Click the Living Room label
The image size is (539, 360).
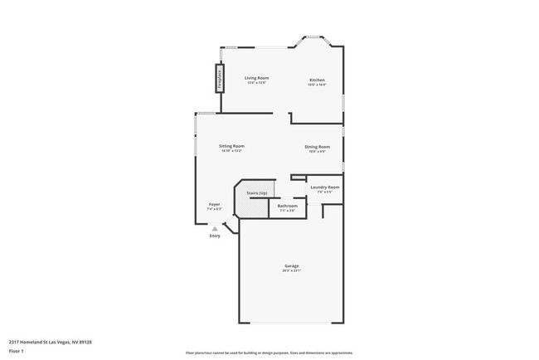[x=256, y=78]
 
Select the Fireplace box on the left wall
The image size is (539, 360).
[x=220, y=79]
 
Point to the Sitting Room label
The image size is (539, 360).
[x=231, y=146]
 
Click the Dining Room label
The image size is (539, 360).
[x=317, y=147]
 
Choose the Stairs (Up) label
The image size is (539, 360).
[x=257, y=192]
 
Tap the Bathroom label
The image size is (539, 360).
[x=287, y=206]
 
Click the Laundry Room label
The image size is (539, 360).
[x=324, y=187]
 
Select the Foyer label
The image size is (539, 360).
[x=214, y=203]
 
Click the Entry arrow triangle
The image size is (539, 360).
[x=215, y=228]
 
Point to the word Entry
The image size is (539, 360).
[x=215, y=236]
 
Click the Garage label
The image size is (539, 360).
[x=291, y=265]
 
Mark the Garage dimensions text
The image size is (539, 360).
[x=291, y=270]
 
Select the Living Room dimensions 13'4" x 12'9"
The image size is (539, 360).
[x=256, y=83]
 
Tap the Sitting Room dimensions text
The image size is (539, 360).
[x=231, y=151]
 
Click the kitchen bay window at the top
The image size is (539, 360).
[x=316, y=37]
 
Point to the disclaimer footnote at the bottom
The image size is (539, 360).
[x=269, y=352]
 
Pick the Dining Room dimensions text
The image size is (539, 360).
[x=317, y=152]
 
